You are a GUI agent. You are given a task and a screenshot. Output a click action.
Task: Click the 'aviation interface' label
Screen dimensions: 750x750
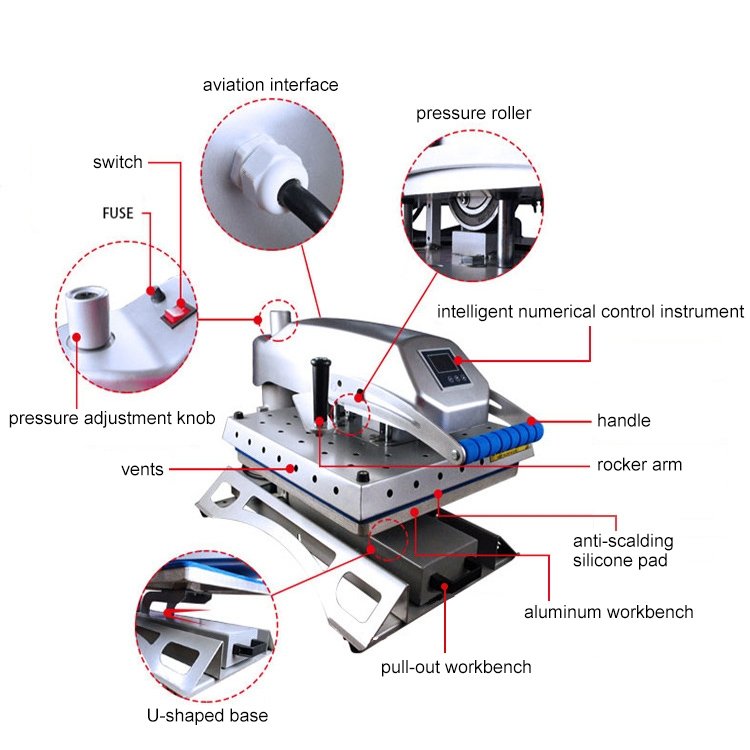point(270,85)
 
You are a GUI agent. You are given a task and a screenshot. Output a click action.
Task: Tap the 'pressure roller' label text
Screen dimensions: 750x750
point(473,113)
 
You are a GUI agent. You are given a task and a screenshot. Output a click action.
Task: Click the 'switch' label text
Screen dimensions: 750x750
point(118,162)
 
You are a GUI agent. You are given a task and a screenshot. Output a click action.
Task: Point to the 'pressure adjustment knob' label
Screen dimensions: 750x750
point(112,418)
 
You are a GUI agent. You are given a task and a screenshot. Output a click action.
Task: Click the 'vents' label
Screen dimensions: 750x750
point(143,469)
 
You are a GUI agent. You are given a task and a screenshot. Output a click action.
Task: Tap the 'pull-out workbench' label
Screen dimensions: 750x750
point(456,667)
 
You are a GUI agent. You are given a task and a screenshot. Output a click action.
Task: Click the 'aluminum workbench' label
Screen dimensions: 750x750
point(609,612)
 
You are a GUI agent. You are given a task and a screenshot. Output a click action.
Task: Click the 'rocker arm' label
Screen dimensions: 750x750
point(640,465)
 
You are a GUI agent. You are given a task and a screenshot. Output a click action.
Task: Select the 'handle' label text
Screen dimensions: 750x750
point(624,421)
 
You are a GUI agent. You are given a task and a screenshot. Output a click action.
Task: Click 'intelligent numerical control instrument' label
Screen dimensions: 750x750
point(590,312)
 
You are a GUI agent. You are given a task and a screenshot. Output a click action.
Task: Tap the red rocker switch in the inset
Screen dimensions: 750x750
point(177,313)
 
